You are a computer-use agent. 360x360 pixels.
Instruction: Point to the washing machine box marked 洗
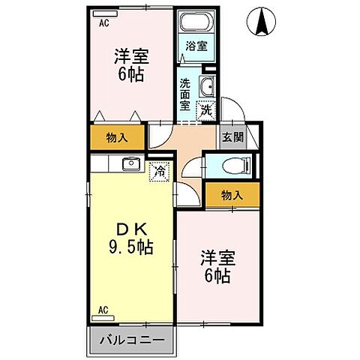[x=205, y=110]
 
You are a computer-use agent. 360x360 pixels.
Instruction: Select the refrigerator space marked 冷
[x=159, y=171]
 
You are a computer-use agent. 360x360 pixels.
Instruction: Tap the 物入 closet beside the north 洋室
[x=117, y=137]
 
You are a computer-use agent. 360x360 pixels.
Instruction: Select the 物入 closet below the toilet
[x=232, y=195]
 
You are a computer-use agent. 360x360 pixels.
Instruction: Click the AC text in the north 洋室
[x=103, y=23]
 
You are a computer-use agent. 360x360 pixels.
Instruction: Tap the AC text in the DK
[x=103, y=308]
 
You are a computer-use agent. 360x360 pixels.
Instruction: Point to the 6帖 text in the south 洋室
[x=217, y=275]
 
